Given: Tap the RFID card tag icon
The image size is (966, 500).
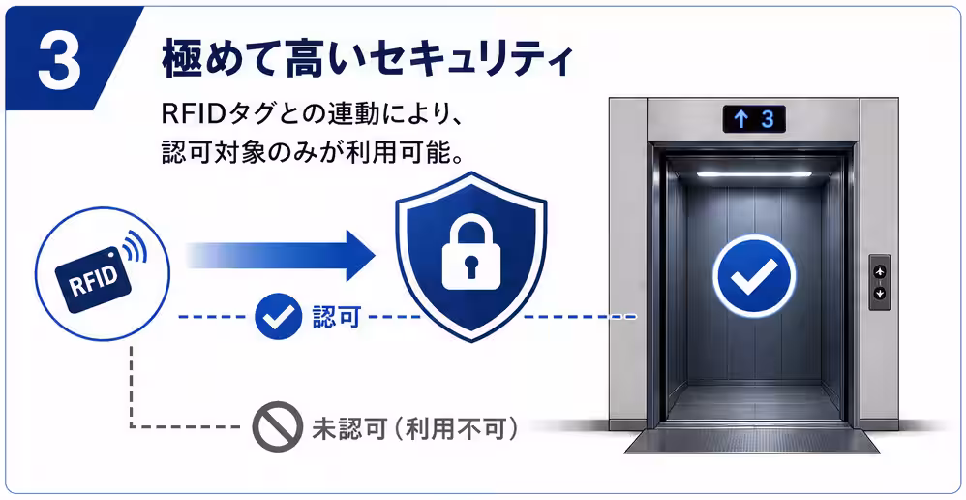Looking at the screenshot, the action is pos(94,280).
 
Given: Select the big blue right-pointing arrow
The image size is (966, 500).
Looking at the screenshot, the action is pos(281,255).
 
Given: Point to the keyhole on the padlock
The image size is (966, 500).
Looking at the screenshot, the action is pos(471,266).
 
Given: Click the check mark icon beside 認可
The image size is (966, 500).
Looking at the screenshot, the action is pos(278,316).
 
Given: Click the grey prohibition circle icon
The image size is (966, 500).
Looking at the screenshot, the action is pos(277,426).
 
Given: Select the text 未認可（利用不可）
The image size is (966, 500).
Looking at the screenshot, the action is pos(414,427).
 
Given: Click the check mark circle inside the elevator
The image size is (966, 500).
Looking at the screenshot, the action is pos(754,275).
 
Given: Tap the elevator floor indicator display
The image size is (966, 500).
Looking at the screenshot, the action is pos(754,119).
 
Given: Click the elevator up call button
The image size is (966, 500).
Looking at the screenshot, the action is pos(880,271).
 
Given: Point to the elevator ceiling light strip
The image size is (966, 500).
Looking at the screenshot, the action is pos(754,174).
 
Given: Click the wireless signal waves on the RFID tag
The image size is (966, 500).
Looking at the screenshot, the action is pos(135,247).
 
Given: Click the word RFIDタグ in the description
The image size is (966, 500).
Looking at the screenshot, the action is pos(206,114).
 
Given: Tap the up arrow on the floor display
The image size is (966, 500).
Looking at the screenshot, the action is pos(740,119).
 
